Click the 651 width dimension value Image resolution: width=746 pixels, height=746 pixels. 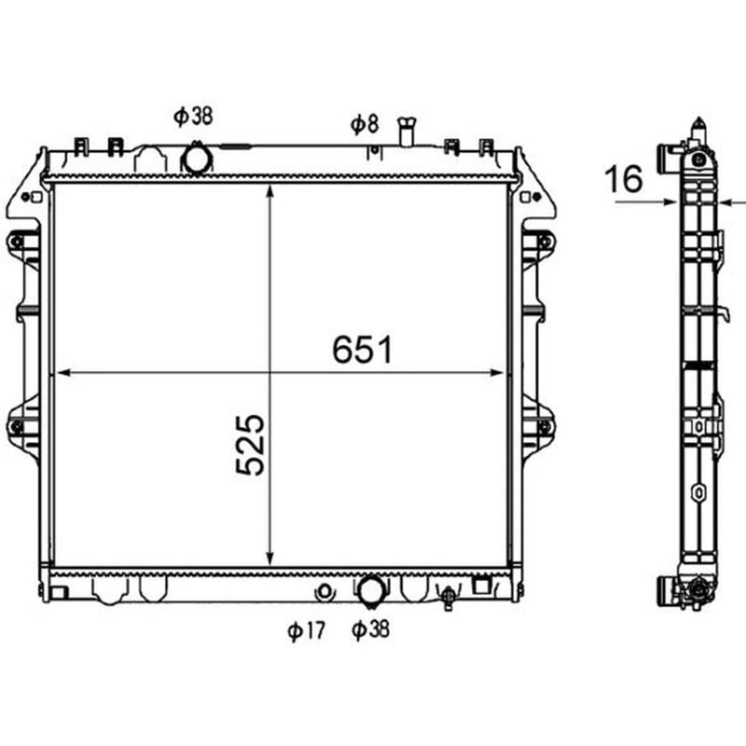[362, 350]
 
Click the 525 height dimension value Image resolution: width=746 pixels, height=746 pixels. [250, 445]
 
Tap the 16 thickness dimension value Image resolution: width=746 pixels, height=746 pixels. [623, 179]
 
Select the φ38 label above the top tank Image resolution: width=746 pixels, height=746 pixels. [193, 117]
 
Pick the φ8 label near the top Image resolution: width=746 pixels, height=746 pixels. [365, 124]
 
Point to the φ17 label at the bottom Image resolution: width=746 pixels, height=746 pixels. [307, 631]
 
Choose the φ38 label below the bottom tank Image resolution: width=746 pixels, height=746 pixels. [370, 629]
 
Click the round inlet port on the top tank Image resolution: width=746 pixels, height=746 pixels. [196, 159]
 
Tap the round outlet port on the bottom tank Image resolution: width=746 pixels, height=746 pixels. [370, 590]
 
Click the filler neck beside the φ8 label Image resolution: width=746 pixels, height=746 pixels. [407, 131]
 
